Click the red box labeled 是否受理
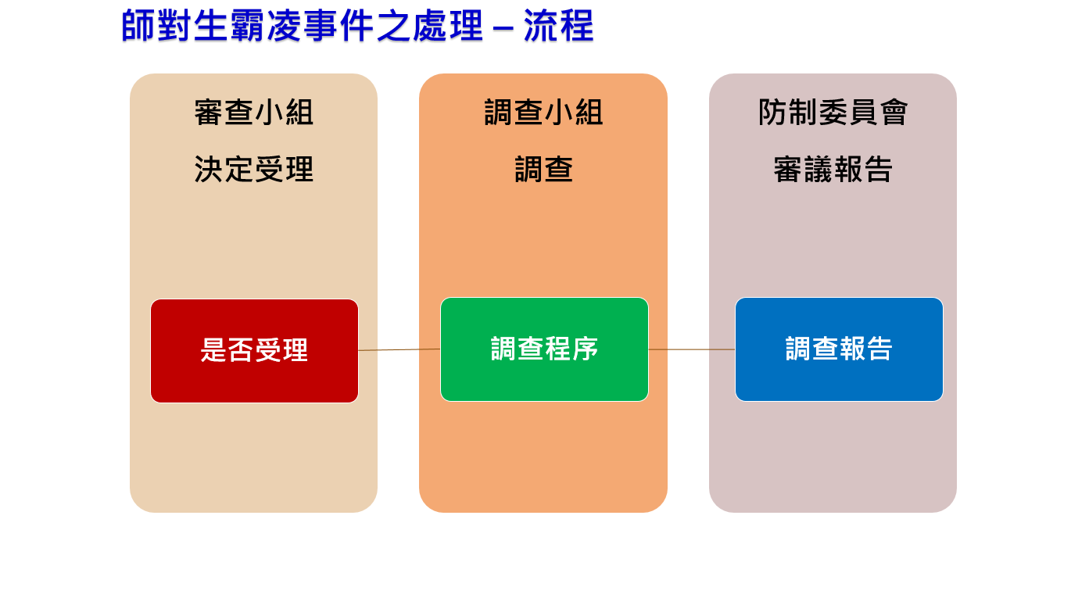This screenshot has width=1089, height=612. coord(254,351)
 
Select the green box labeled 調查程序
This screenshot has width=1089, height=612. coord(544,349)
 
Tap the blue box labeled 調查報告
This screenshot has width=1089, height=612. coord(839,349)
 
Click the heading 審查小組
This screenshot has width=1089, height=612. coord(254,113)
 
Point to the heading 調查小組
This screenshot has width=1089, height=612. coord(543,113)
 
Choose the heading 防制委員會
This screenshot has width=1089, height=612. coord(833,113)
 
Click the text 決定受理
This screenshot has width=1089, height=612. coord(254,170)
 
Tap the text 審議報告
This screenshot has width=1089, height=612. coord(833,170)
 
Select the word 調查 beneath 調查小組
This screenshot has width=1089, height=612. coord(543,170)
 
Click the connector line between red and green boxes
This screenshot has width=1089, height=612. coord(399,349)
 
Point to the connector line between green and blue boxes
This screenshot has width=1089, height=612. coord(692,349)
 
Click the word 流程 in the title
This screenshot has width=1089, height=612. coord(559,26)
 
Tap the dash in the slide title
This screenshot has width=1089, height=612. coord(503,27)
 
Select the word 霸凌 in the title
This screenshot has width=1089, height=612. coord(266,26)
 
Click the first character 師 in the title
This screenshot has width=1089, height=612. coord(138,26)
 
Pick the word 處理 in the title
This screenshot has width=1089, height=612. coord(448,26)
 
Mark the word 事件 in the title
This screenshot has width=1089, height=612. coord(339,26)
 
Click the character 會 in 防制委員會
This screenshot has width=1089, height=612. coord(894,113)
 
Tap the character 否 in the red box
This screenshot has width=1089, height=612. coord(241,350)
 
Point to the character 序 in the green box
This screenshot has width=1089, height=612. coord(585,349)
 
